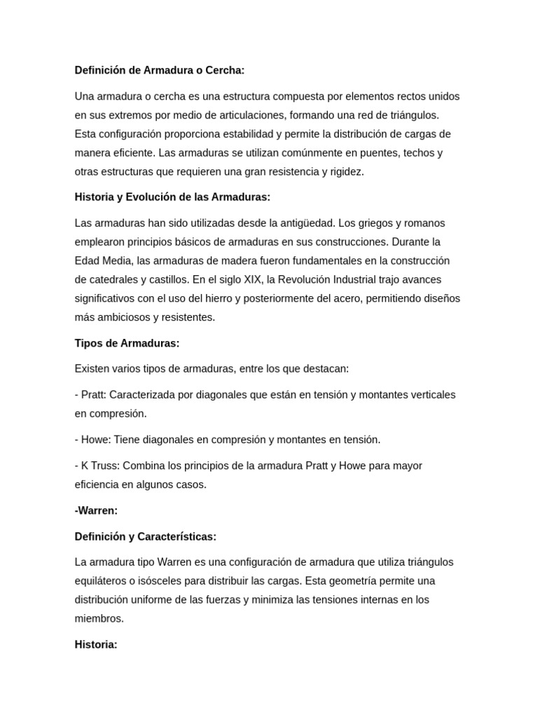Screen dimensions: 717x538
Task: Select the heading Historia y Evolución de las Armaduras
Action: point(172,197)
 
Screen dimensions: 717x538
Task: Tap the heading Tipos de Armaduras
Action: point(127,343)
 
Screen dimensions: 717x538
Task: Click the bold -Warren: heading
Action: point(96,510)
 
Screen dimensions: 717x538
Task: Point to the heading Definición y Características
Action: point(146,536)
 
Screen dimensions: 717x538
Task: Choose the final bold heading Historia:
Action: point(96,644)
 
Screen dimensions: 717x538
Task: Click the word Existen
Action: point(92,368)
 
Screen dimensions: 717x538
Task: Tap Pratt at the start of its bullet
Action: point(93,394)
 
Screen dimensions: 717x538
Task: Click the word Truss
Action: point(105,466)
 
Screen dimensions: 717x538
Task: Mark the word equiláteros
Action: point(102,580)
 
